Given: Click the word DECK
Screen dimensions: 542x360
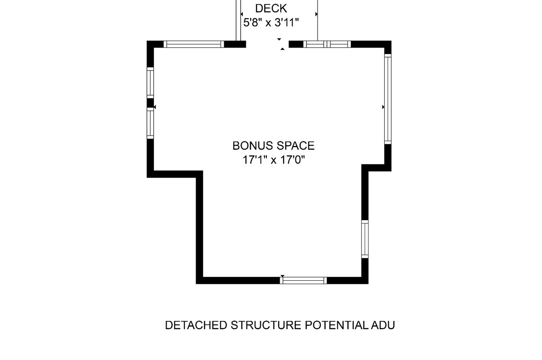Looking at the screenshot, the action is point(271,9).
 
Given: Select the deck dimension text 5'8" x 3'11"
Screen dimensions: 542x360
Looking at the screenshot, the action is point(271,23).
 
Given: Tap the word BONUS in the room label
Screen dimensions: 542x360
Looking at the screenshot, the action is point(253,146).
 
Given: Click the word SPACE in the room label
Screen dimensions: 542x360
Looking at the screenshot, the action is point(295,146).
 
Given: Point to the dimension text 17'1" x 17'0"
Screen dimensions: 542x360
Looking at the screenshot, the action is point(274,160).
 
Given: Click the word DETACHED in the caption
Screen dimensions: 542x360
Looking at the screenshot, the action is point(196,325).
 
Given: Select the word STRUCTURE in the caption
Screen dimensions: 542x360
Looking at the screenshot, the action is point(266,325).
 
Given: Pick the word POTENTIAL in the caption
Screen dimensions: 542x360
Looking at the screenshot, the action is point(336,325).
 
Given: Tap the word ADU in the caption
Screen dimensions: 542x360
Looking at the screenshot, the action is point(383,325).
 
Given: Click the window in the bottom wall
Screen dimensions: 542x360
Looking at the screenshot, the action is point(303,280).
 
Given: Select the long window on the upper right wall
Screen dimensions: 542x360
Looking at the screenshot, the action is point(388,99).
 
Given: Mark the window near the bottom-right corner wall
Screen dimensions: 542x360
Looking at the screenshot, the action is point(365,239).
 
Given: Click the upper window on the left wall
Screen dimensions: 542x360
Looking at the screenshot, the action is point(150,83).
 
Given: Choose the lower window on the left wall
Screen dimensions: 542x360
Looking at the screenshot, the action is point(150,123).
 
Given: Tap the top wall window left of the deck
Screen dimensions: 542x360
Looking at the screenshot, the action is point(194,44).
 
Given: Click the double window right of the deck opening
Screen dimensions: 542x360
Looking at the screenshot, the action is point(327,44).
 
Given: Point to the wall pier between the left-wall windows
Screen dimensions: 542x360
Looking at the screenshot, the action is point(150,103).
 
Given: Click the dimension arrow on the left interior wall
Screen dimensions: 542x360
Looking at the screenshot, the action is point(155,107).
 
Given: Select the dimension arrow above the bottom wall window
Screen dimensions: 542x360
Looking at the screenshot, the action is point(282,276).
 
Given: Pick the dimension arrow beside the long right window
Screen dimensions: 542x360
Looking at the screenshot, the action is point(383,107).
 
